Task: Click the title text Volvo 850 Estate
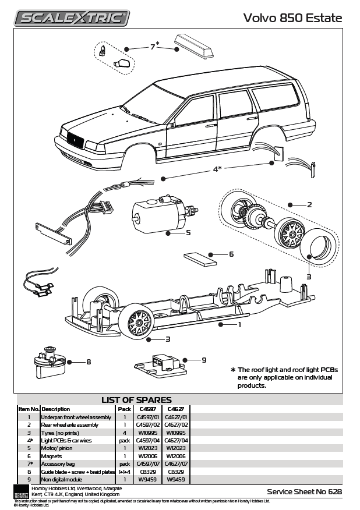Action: (x=292, y=18)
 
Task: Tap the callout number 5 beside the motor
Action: (x=188, y=232)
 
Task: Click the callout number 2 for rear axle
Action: (x=309, y=204)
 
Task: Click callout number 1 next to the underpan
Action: (x=239, y=325)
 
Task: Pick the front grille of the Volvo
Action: (x=77, y=140)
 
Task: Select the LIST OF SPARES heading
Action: (x=136, y=400)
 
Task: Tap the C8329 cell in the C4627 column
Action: (x=175, y=471)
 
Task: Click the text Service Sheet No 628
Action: (x=304, y=491)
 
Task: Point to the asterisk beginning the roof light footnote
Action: (x=233, y=370)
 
